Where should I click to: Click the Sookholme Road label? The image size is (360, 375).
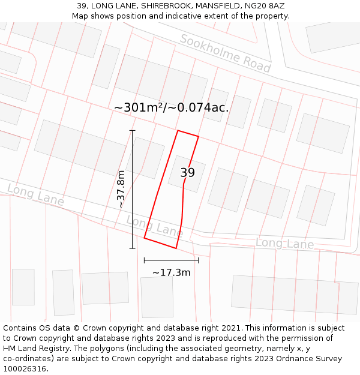(225, 53)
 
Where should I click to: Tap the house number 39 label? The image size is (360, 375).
(187, 173)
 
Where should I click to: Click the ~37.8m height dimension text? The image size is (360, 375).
(121, 189)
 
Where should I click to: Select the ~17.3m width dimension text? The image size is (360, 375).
(171, 272)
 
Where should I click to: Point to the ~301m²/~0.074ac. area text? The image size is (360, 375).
(171, 107)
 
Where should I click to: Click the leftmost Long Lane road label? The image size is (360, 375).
(35, 196)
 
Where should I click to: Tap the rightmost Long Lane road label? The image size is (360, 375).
(284, 243)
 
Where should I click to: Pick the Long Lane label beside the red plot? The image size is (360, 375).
(154, 226)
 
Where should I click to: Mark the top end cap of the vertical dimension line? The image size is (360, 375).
(132, 130)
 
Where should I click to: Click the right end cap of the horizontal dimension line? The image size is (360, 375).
(198, 260)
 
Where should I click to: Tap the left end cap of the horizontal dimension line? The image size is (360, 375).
(144, 260)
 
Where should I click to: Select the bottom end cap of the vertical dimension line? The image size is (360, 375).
(132, 248)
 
